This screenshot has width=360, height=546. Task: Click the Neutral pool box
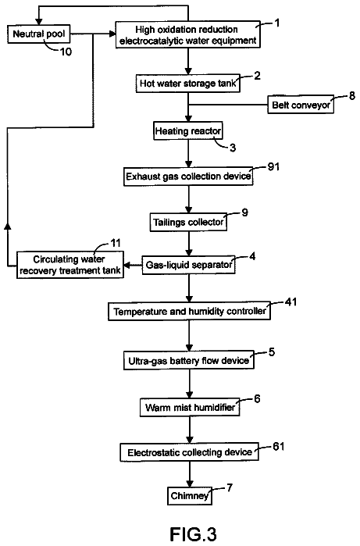39,34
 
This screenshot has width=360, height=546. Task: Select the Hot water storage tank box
188,84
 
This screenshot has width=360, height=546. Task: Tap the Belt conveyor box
301,105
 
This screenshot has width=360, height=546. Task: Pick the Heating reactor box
188,131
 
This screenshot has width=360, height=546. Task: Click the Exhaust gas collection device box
188,177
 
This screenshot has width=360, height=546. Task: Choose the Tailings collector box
188,222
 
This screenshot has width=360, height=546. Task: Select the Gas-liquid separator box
188,265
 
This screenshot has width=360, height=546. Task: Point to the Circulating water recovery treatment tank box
70,265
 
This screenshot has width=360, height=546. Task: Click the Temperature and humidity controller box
190,311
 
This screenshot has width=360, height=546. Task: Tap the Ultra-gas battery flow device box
189,360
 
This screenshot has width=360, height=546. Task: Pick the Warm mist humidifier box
190,407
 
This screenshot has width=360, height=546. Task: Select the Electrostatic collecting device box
190,452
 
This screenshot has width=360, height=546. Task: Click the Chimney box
190,495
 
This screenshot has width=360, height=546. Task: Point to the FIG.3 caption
193,534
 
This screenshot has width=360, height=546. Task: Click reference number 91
273,167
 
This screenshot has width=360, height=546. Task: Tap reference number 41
290,302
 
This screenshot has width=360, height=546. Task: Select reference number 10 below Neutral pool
66,52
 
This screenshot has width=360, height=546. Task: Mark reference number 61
279,446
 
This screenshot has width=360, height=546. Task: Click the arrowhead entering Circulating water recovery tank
127,266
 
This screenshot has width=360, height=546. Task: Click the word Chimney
190,496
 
